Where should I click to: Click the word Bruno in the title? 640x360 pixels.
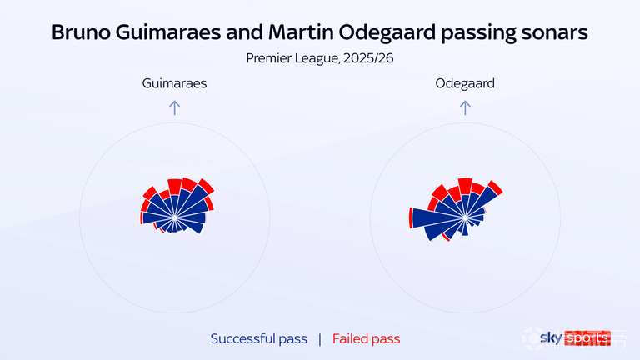coord(81,32)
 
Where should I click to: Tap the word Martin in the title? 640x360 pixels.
coord(301,32)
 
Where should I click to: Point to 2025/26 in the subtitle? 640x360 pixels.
coord(368,58)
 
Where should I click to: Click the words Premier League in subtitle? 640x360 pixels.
coord(292,58)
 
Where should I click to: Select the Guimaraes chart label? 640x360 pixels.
coord(174,83)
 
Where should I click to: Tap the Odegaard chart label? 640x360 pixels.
coord(465,83)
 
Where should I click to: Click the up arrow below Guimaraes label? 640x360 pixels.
coord(175,107)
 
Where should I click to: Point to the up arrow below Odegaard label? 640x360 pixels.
coord(465,107)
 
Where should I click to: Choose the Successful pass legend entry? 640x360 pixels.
coord(259,339)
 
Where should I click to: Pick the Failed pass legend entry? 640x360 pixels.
coord(366,339)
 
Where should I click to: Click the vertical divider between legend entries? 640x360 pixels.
coord(320,339)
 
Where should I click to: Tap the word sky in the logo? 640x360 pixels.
coord(551,338)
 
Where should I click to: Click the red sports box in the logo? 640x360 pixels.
coord(587,338)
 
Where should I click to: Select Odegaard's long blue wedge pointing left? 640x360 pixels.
coord(437,217)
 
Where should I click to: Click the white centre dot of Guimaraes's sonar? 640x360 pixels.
coord(175,217)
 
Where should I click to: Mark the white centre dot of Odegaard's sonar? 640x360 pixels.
coord(465,217)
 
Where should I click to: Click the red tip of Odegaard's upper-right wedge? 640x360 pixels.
coord(495,187)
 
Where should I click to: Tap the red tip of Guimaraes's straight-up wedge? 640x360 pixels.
coord(175,187)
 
